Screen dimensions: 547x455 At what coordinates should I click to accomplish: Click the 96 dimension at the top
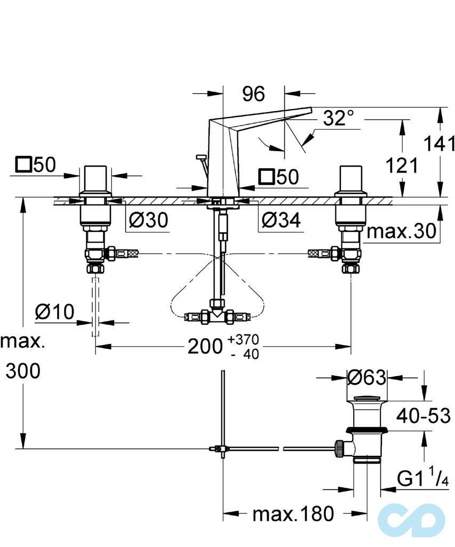(253, 94)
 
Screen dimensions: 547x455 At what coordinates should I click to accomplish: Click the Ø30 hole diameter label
(148, 219)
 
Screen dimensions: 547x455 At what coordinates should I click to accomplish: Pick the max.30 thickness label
(402, 231)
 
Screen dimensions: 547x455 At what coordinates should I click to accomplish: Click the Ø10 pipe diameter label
(55, 312)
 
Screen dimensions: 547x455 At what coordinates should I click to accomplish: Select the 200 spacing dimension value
(204, 347)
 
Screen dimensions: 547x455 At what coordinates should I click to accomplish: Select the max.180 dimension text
(293, 514)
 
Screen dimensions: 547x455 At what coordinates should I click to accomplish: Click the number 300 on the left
(23, 371)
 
